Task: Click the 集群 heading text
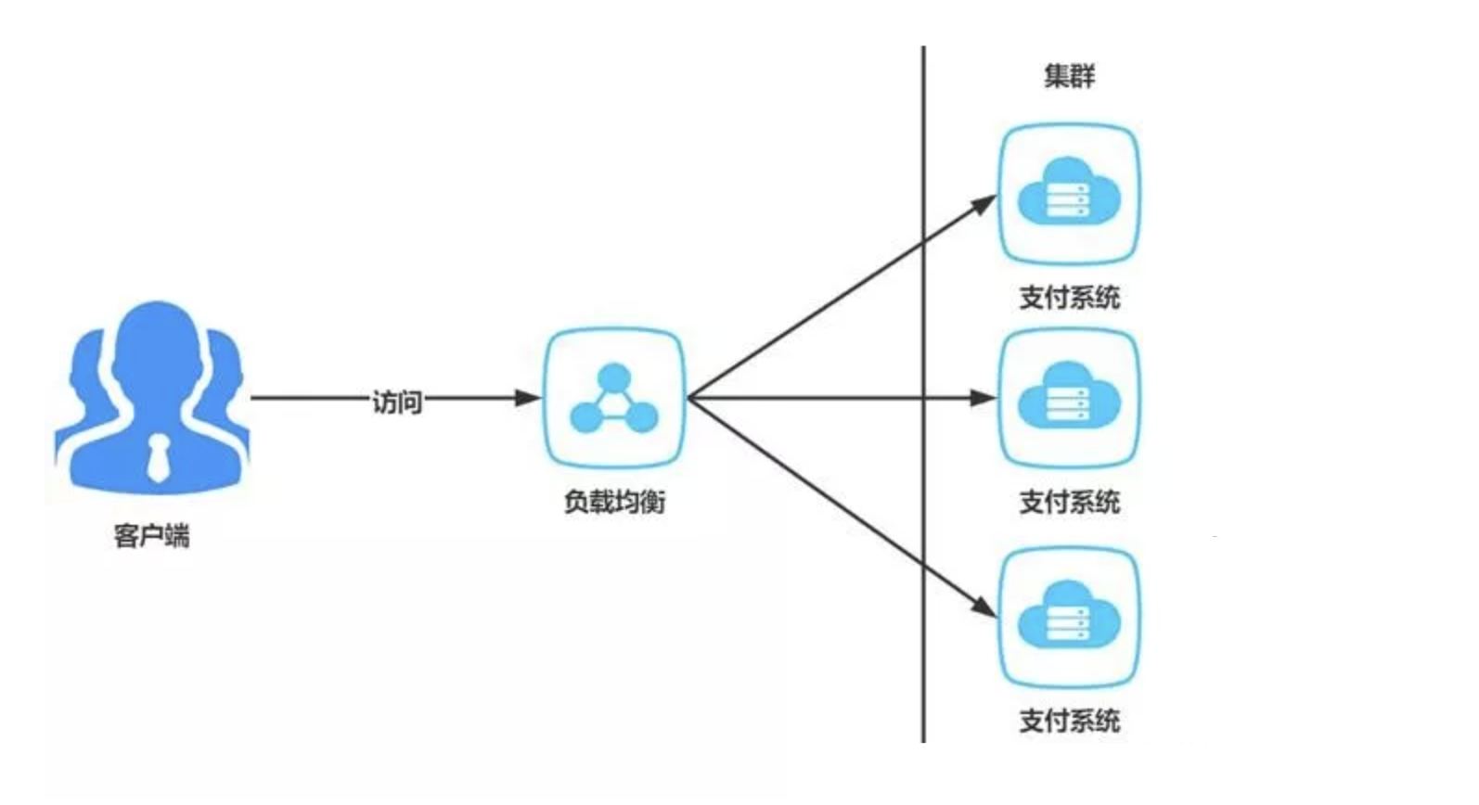click(x=1069, y=75)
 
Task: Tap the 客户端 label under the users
click(x=151, y=535)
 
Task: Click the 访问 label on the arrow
click(x=397, y=401)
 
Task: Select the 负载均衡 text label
click(x=614, y=502)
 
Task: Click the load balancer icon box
click(x=613, y=399)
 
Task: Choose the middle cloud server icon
click(x=1069, y=399)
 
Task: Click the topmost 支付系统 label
click(x=1069, y=298)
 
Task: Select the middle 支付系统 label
click(x=1069, y=502)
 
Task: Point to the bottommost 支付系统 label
click(x=1069, y=721)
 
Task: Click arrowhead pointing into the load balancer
click(x=528, y=399)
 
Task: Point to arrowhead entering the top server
click(x=984, y=204)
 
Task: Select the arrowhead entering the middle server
click(x=984, y=399)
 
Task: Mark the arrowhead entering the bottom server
click(x=984, y=607)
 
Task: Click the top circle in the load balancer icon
click(x=613, y=377)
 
